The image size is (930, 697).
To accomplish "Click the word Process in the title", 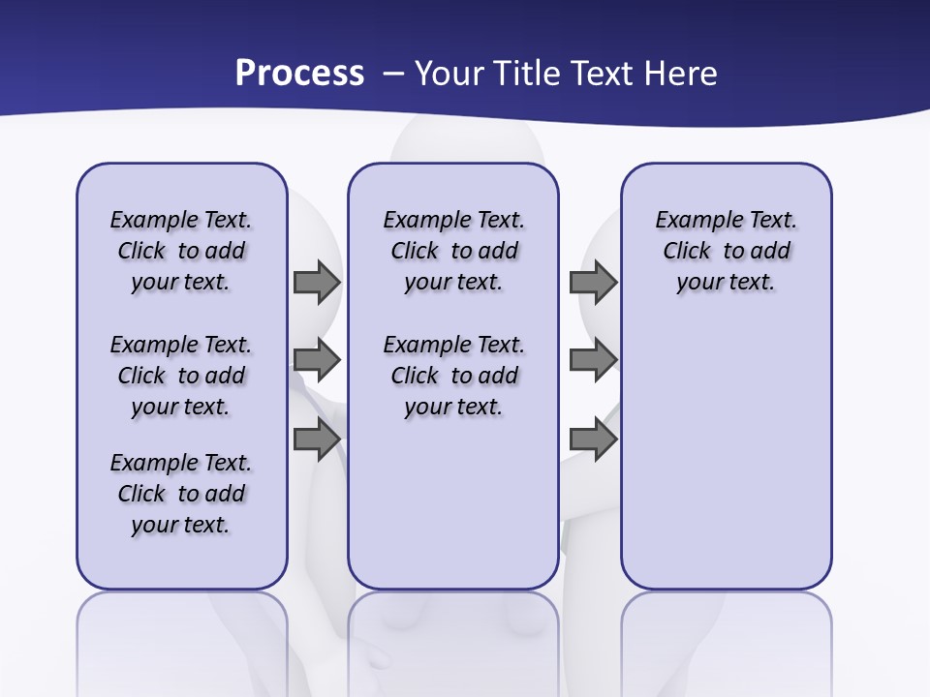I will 299,74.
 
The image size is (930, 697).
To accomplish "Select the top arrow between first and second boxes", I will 317,282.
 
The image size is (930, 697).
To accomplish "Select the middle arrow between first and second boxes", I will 317,360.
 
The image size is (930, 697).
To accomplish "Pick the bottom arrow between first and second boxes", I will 317,439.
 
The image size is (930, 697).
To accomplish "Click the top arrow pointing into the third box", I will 593,282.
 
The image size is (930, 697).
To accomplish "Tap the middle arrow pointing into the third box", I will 593,360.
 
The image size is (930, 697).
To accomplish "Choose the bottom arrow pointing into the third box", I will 593,439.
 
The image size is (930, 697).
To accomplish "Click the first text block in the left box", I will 181,251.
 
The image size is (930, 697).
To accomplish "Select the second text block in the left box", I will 181,376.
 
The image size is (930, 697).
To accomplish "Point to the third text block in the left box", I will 181,494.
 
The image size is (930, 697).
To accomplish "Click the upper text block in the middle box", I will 453,251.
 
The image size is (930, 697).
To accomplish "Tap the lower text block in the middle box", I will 453,376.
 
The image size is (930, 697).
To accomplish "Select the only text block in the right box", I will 726,251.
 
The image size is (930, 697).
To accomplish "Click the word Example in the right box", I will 692,221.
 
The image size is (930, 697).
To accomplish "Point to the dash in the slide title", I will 393,74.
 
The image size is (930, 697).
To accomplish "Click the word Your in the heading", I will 451,74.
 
